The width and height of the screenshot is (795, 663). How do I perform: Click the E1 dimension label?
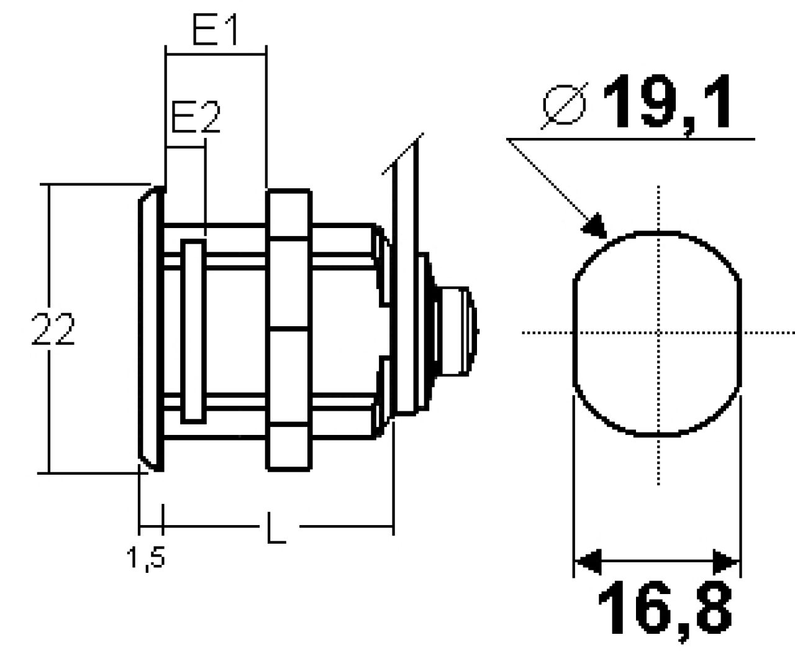point(215,29)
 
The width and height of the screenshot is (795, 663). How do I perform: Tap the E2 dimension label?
point(196,117)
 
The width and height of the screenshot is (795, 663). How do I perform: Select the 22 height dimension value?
point(53,329)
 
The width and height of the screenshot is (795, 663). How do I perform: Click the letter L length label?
point(276,528)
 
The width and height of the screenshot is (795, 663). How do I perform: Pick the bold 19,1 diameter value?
point(667,103)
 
